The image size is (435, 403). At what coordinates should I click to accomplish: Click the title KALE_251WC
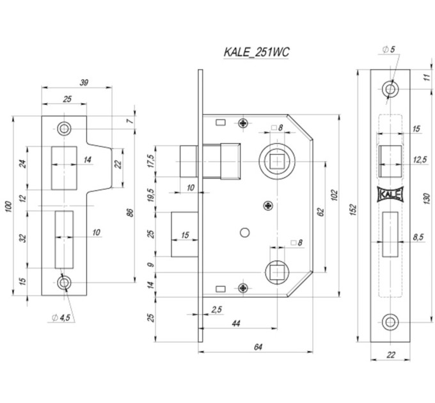coord(257,52)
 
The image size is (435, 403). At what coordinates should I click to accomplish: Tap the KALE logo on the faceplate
coord(390,194)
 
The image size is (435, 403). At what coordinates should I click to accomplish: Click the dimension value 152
coord(353,210)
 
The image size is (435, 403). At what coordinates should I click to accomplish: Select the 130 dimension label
coord(427,198)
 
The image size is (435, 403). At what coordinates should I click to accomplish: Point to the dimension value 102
coord(335,195)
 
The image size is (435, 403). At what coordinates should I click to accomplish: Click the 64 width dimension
coord(258,347)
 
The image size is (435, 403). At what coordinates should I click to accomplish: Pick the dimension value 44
coord(236,324)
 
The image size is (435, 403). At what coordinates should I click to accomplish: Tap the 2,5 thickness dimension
coord(217,309)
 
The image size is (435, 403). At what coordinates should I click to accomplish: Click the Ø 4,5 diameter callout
coord(61,317)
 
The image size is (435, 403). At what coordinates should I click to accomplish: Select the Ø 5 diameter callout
coord(388,49)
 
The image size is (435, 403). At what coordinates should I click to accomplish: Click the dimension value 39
coord(84,83)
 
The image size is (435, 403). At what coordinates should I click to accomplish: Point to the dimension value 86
coord(130,213)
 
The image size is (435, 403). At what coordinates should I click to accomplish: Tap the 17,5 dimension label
coord(151,161)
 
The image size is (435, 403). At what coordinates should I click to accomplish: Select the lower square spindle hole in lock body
coord(277,273)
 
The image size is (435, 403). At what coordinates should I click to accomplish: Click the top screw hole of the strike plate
coord(64,129)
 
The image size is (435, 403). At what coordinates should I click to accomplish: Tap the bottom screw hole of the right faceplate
coord(390,322)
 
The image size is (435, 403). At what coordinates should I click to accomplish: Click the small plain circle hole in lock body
coord(244,232)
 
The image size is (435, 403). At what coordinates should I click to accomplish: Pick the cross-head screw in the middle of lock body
coord(268,205)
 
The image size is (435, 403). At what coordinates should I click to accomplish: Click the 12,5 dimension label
coord(420,160)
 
